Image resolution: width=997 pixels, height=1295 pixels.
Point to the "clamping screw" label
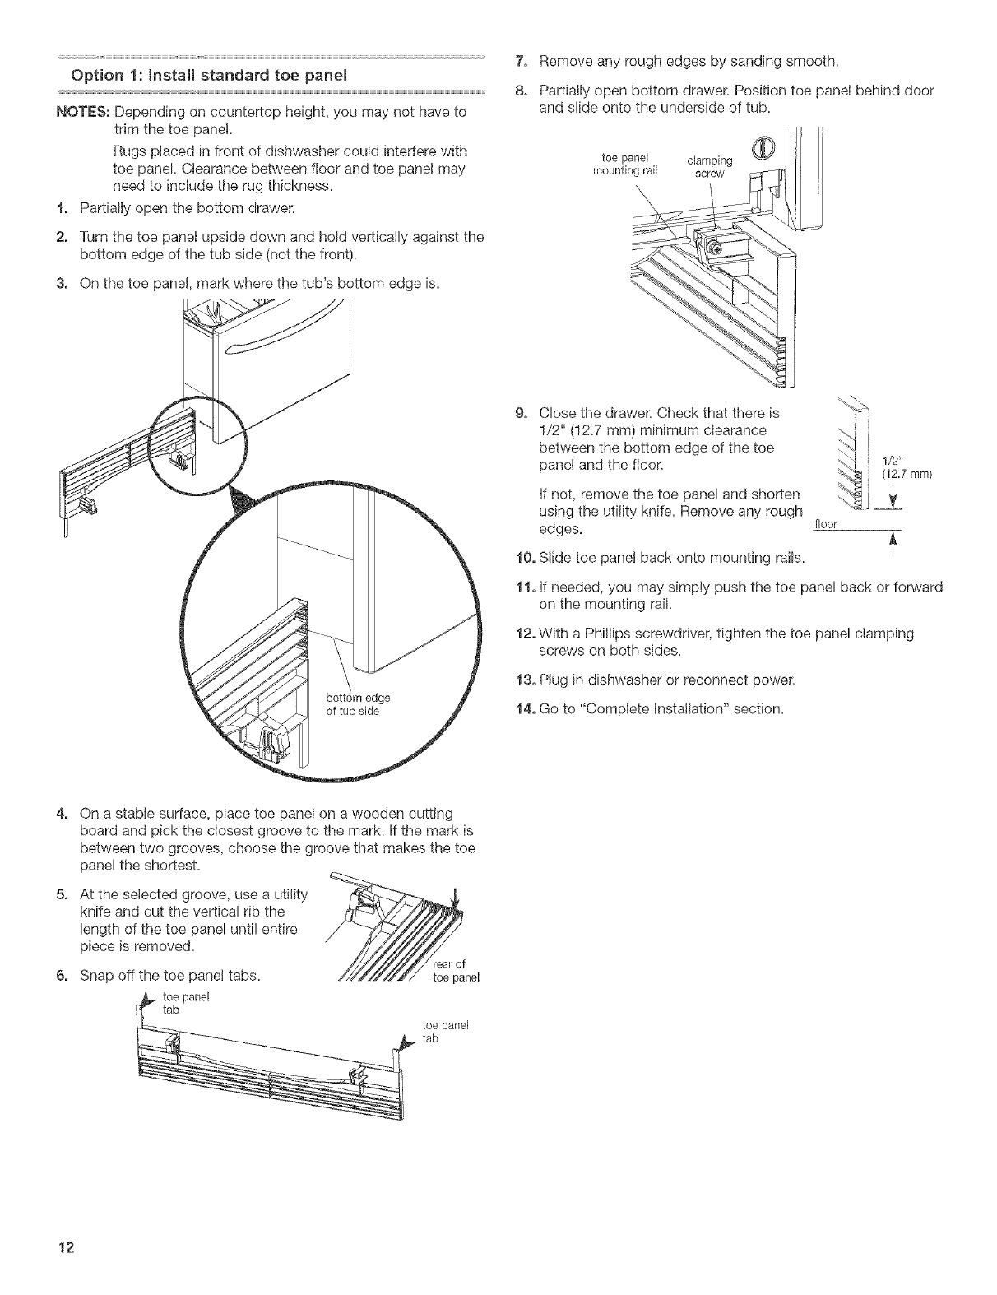pyautogui.click(x=709, y=169)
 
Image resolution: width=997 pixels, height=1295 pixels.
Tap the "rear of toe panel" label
pyautogui.click(x=455, y=972)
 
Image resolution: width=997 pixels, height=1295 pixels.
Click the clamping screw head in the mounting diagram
pyautogui.click(x=716, y=246)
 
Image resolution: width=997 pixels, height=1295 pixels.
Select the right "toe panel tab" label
pyautogui.click(x=433, y=1032)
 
